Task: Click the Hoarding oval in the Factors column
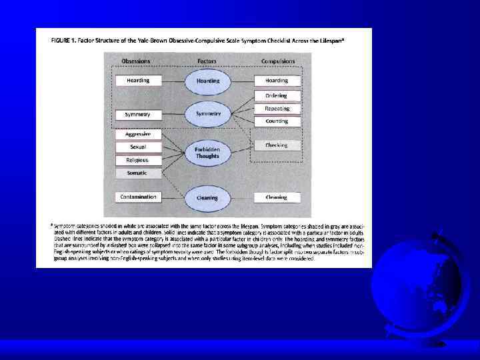[x=207, y=81]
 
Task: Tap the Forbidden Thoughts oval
[x=207, y=153]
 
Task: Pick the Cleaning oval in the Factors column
[x=207, y=197]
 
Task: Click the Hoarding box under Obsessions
[x=139, y=81]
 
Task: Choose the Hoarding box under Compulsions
[x=277, y=81]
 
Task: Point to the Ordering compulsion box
[x=277, y=96]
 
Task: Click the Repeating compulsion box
[x=277, y=109]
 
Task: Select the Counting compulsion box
[x=277, y=121]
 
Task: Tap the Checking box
[x=276, y=145]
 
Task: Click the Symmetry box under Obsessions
[x=138, y=115]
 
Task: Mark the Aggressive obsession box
[x=138, y=134]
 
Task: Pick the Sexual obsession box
[x=138, y=147]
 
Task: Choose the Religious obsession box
[x=138, y=160]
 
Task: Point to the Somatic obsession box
[x=138, y=173]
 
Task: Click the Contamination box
[x=139, y=197]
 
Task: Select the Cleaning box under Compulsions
[x=277, y=197]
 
